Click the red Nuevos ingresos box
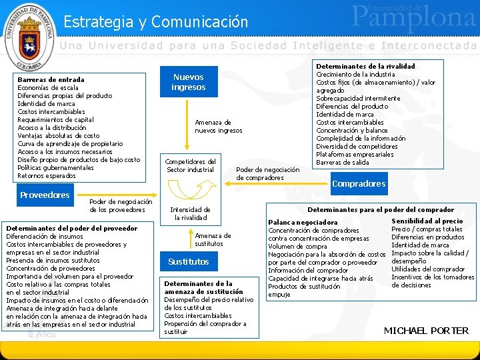(x=189, y=82)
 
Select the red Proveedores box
(x=45, y=195)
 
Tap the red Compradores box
(x=359, y=183)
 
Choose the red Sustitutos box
(x=189, y=262)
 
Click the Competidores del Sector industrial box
(x=190, y=165)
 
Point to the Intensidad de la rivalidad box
(x=191, y=213)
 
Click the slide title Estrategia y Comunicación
(x=155, y=21)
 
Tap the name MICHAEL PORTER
(x=426, y=331)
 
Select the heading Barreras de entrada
(x=51, y=79)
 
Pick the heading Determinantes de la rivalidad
(x=365, y=66)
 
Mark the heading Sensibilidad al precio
(x=427, y=221)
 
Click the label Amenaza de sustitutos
(x=213, y=239)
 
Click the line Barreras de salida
(x=342, y=163)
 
